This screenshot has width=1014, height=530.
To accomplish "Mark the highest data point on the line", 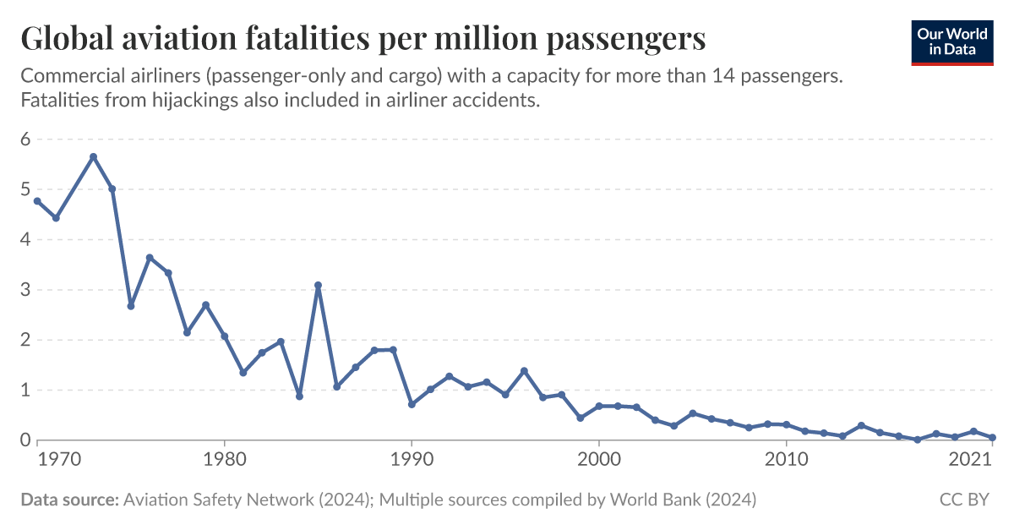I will (94, 156).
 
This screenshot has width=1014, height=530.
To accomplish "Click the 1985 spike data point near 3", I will (318, 286).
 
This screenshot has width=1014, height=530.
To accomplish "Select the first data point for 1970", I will (37, 201).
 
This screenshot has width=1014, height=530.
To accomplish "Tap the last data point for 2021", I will (992, 438).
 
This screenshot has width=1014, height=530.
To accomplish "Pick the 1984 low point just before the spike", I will (299, 396).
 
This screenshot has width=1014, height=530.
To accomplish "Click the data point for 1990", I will (412, 404).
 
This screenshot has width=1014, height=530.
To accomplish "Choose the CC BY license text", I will (964, 500).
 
